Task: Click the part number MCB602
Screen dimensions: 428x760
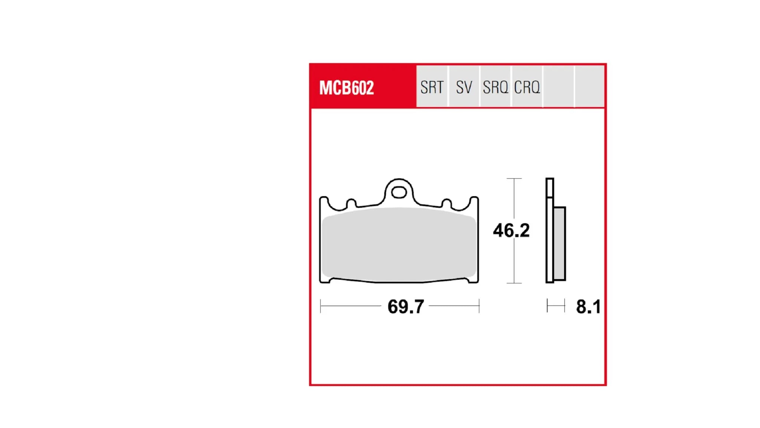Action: (x=346, y=88)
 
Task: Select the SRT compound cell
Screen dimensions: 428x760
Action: (x=432, y=87)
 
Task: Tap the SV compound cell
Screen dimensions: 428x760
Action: (x=464, y=87)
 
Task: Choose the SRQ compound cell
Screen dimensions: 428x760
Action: (x=495, y=87)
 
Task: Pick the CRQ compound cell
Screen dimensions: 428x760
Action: (x=527, y=87)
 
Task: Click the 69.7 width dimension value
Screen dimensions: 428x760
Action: (x=406, y=307)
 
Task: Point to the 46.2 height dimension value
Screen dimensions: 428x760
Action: (x=511, y=230)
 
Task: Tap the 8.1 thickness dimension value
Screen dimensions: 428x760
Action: (x=588, y=307)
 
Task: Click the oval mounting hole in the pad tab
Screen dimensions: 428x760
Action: (x=399, y=192)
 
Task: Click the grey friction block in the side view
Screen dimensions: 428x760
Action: (x=560, y=243)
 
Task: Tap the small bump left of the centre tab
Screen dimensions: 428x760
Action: (x=351, y=203)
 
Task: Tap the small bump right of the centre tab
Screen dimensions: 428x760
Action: (x=446, y=203)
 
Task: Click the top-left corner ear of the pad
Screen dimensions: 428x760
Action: (x=324, y=201)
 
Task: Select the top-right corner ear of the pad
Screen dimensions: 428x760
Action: (x=474, y=201)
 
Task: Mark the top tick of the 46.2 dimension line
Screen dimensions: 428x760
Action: (x=514, y=179)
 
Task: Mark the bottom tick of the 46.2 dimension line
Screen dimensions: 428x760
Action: (x=514, y=283)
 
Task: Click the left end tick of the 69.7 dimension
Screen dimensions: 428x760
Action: (x=321, y=306)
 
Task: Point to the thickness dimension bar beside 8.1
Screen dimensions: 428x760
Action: (x=556, y=306)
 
